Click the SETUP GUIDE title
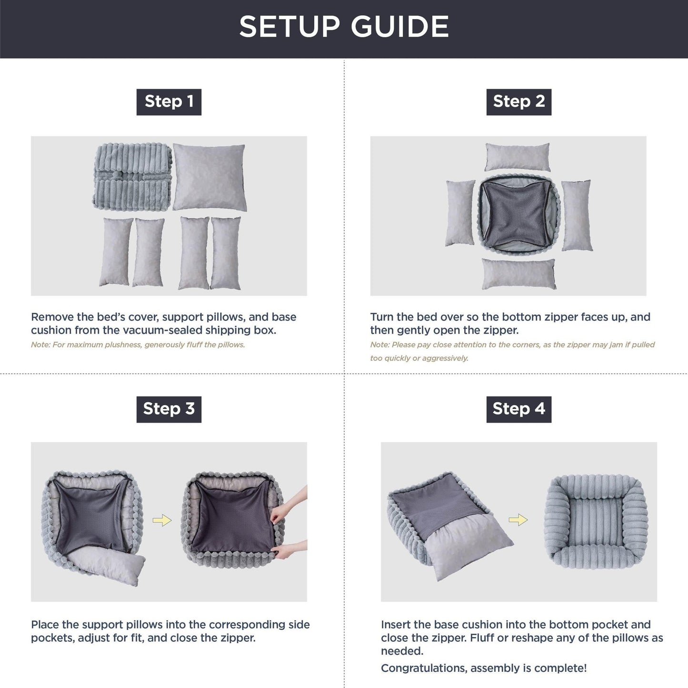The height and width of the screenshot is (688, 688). (x=344, y=27)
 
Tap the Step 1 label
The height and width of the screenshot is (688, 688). (x=169, y=101)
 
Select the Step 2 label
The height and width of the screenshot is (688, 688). (x=518, y=101)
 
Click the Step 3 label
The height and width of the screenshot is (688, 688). (x=169, y=409)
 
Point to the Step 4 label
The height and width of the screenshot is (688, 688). (x=518, y=409)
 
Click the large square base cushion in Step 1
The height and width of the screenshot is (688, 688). (x=209, y=177)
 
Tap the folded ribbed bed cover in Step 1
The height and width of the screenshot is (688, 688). (x=132, y=176)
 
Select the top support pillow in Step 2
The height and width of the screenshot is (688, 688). (x=518, y=157)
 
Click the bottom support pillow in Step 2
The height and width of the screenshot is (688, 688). (x=518, y=274)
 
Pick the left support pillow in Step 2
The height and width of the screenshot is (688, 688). (x=460, y=213)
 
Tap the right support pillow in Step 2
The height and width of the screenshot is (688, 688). (x=577, y=215)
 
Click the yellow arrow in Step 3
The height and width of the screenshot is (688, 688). (x=162, y=520)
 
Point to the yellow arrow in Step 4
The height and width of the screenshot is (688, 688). (x=518, y=520)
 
